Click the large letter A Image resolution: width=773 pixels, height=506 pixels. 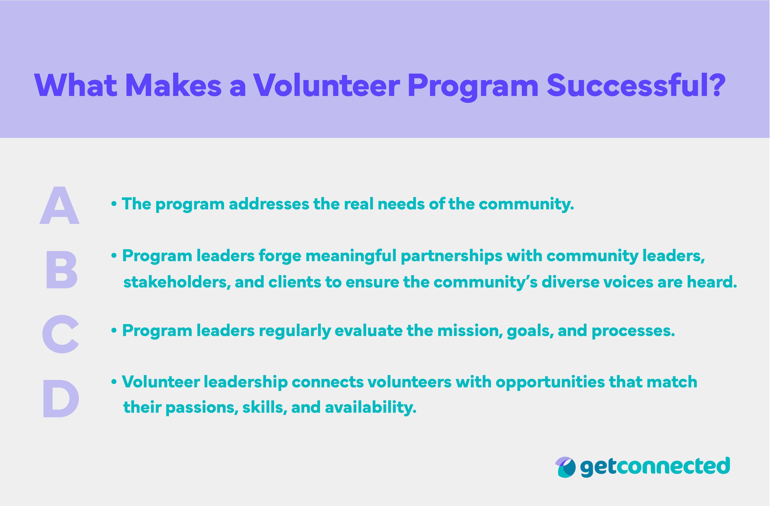click(x=59, y=205)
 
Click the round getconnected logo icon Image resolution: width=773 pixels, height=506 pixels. click(x=565, y=467)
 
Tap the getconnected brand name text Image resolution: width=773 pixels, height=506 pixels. click(x=655, y=466)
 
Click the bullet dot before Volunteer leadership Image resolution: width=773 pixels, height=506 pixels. click(x=114, y=382)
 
